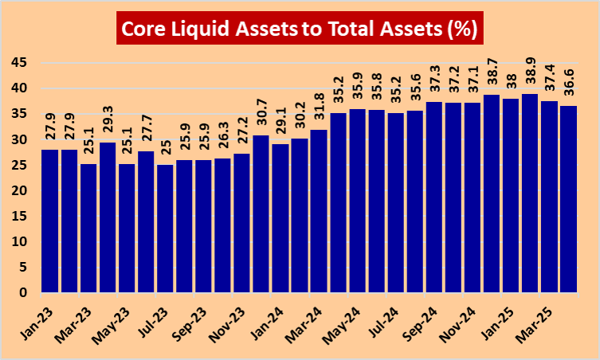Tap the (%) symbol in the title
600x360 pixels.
460,30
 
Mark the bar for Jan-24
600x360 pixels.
280,218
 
